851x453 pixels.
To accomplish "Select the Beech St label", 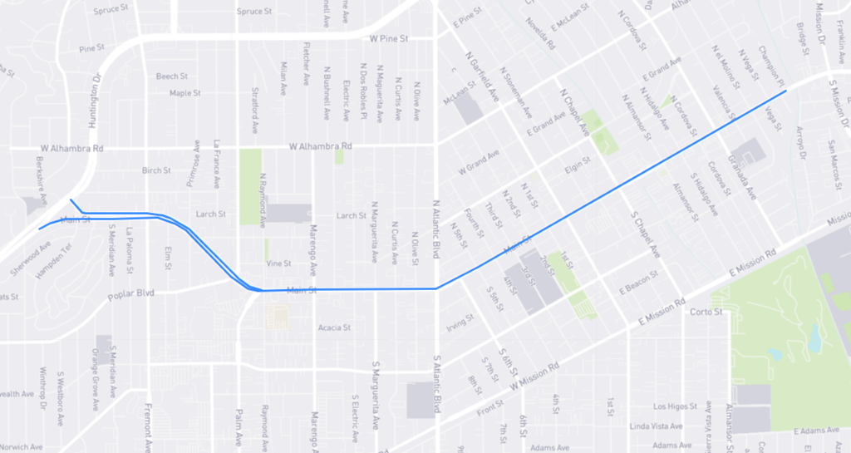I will click(172, 76).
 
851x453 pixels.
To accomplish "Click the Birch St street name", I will click(155, 170).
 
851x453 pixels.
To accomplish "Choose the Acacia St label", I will click(335, 327).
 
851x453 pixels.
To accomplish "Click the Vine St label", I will click(278, 263).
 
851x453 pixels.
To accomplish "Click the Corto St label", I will click(706, 313).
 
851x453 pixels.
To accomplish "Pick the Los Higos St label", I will click(671, 406).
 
